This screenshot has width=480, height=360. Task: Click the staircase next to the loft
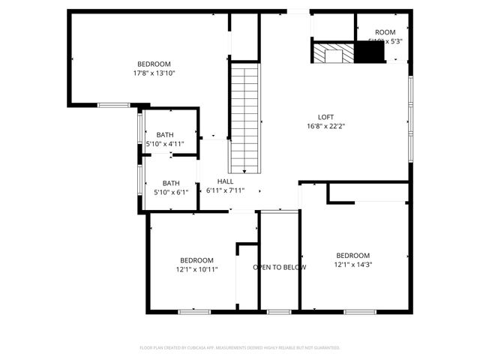tap(244, 118)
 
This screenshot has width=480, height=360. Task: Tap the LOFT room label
tap(325, 116)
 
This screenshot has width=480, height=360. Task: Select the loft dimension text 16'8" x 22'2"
tap(325, 126)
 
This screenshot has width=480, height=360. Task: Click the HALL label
tap(225, 181)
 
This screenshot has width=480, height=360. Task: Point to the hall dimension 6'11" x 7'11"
tap(225, 190)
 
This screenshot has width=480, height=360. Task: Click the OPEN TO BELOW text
tap(279, 267)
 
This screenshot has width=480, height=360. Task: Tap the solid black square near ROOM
tap(367, 53)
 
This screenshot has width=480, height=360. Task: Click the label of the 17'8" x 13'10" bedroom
tap(154, 64)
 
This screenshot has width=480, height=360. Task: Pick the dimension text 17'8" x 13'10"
tap(154, 73)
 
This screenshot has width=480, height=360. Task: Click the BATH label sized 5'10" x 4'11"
tap(164, 134)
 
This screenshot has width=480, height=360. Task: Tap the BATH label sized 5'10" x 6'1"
tap(171, 182)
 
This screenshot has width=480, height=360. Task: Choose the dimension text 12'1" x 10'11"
tap(196, 269)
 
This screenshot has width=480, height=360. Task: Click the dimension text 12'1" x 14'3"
tap(352, 264)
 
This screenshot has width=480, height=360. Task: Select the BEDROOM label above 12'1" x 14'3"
tap(352, 255)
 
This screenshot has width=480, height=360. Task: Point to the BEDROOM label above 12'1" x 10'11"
tap(196, 260)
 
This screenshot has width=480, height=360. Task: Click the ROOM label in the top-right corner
tap(385, 31)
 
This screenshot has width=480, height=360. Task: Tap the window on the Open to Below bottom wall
tap(279, 310)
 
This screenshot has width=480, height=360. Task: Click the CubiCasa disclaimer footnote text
tap(240, 347)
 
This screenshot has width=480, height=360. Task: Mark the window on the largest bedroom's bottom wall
tap(113, 105)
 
